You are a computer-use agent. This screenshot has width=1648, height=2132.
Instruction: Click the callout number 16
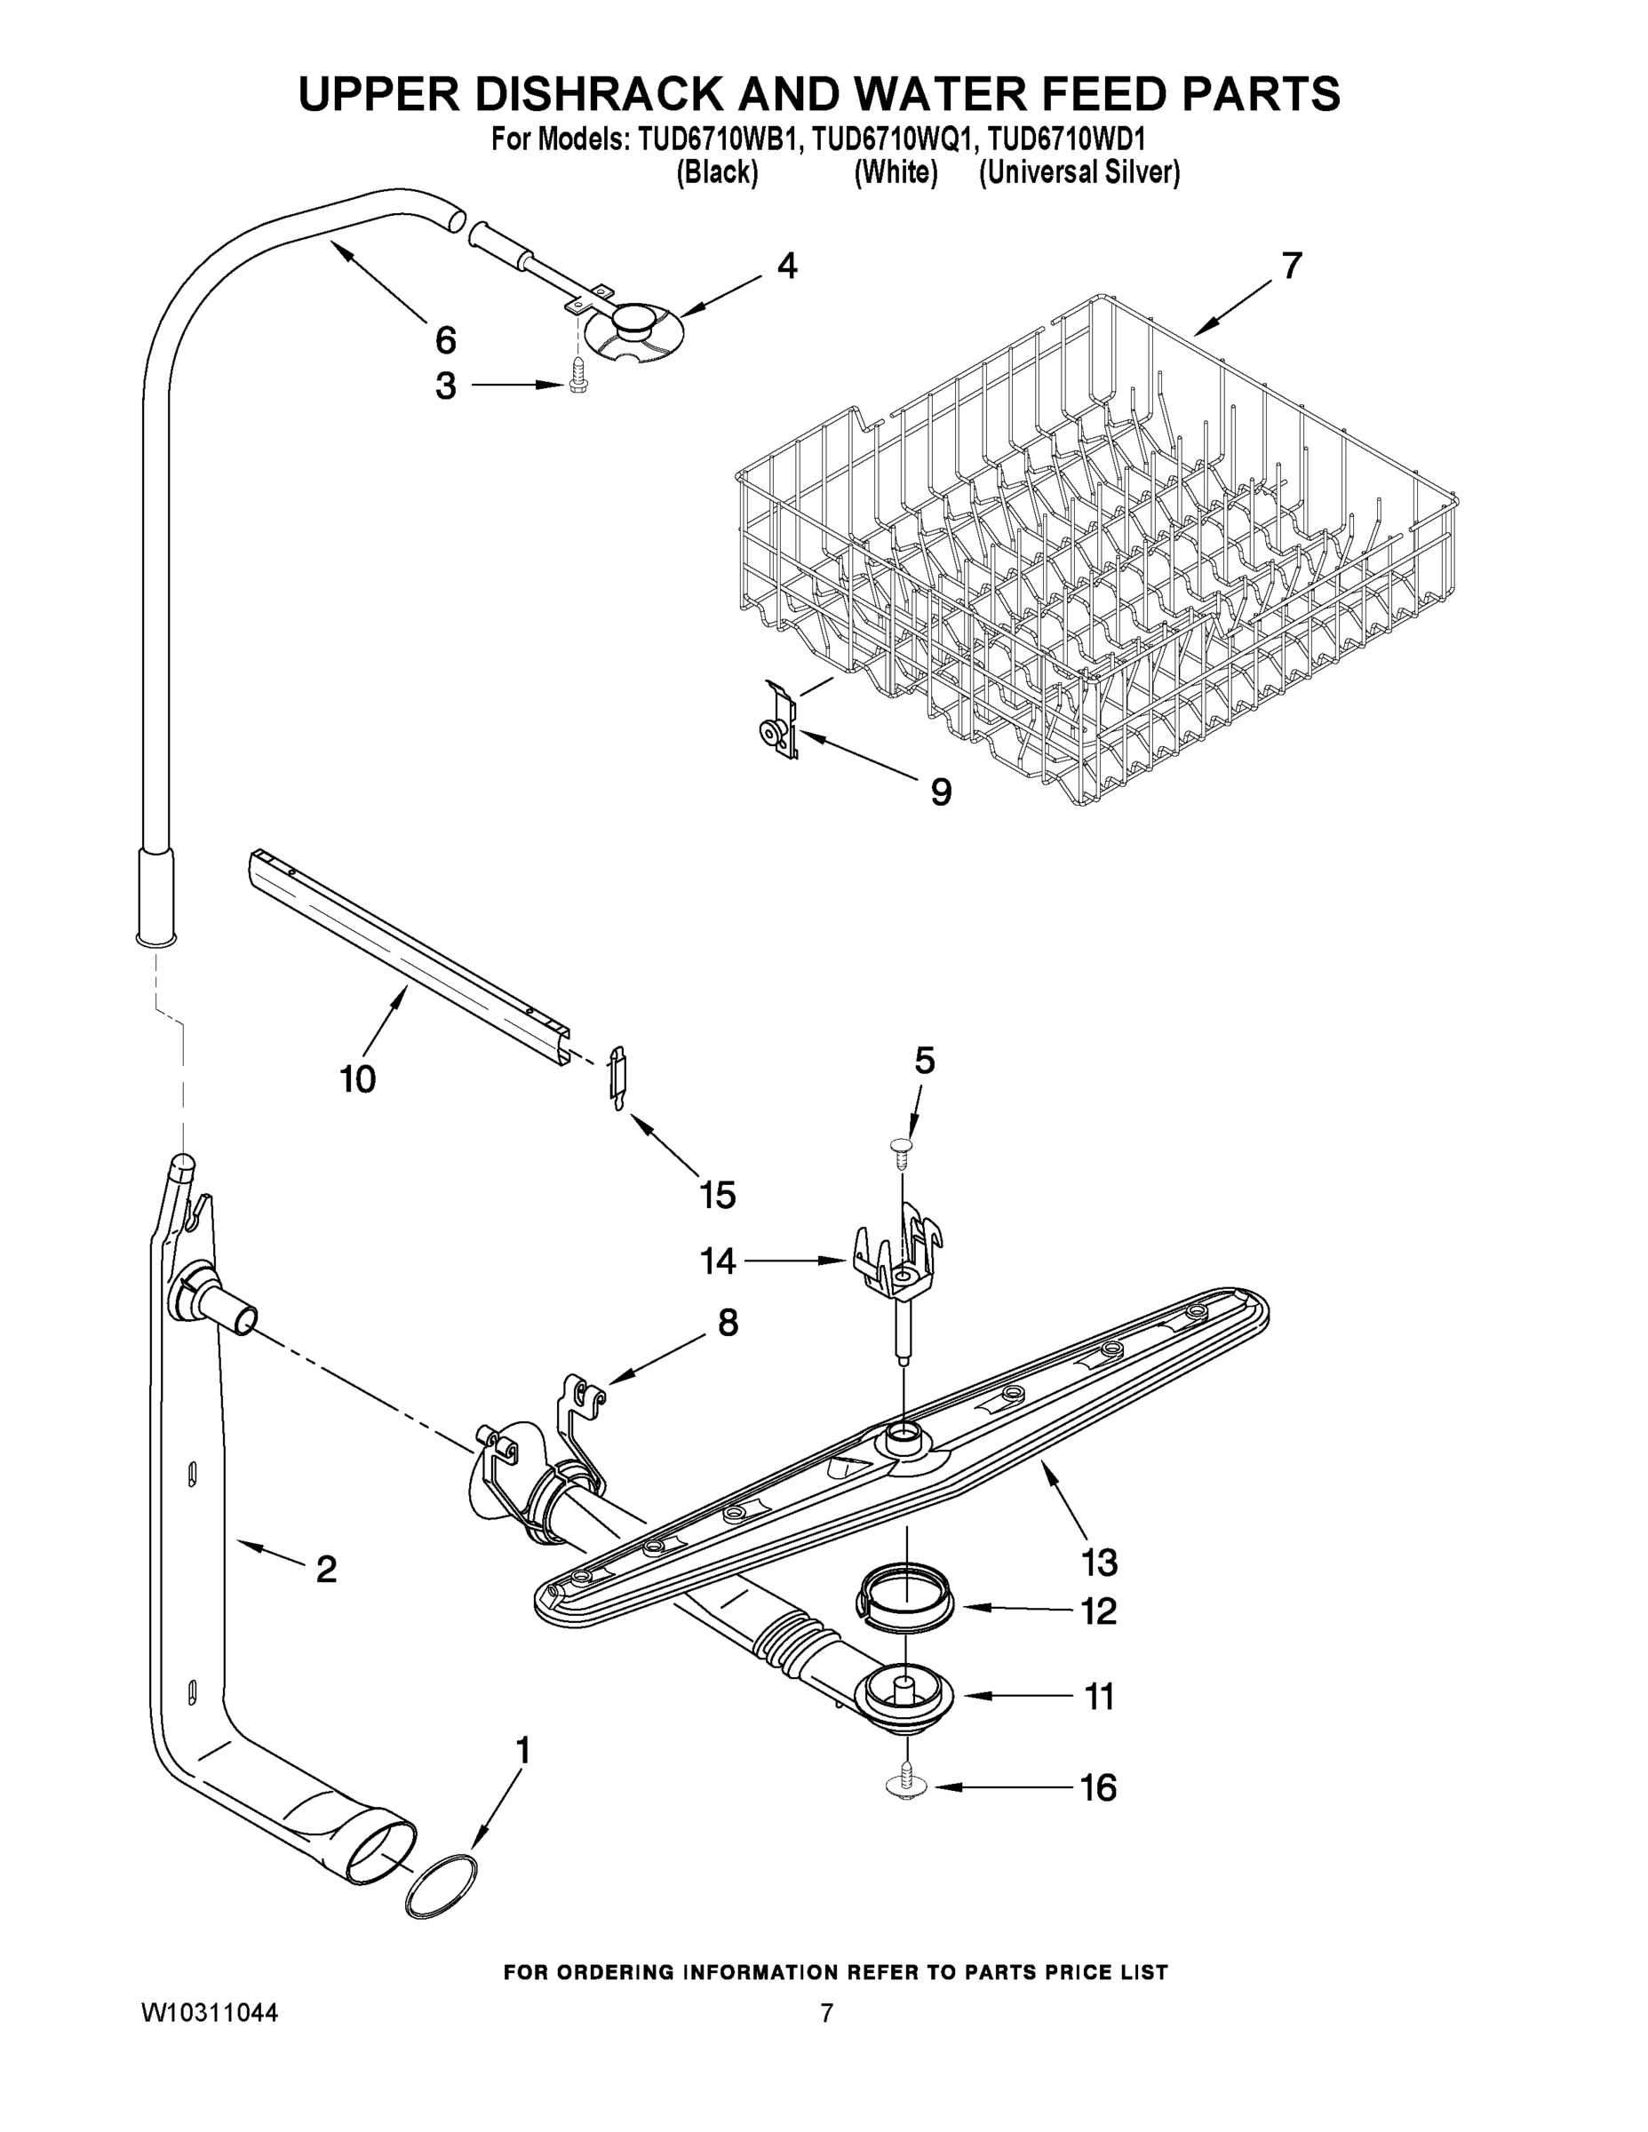(1097, 1788)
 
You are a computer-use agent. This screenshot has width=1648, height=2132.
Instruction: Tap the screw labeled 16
(907, 1784)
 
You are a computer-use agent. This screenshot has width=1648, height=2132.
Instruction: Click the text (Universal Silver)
(1079, 173)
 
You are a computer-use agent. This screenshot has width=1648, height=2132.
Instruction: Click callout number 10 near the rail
(357, 1078)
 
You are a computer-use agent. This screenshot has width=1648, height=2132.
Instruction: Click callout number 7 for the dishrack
(1292, 266)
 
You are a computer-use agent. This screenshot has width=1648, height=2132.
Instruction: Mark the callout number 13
(1099, 1562)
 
